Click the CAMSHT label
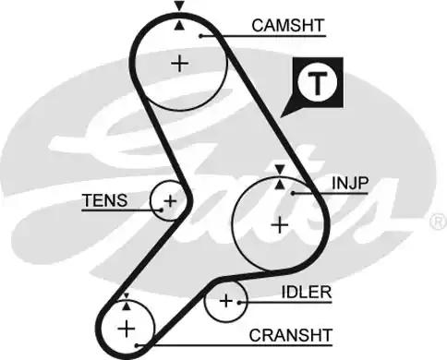pyautogui.click(x=288, y=26)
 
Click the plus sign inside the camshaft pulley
pyautogui.click(x=179, y=63)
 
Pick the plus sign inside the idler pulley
pyautogui.click(x=225, y=301)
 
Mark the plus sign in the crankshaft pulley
pyautogui.click(x=126, y=328)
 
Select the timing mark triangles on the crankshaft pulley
pyautogui.click(x=126, y=302)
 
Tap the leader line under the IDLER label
pyautogui.click(x=286, y=302)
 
